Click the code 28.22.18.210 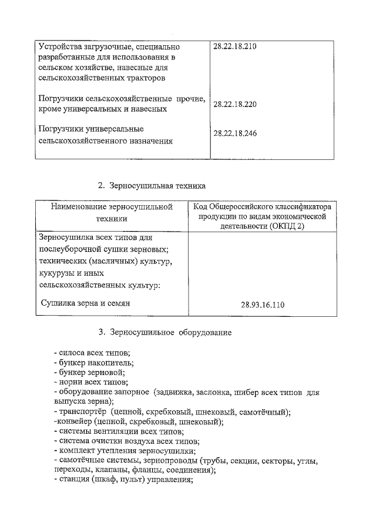(235, 46)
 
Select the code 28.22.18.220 (235, 104)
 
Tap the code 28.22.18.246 (235, 133)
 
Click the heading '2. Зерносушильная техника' (151, 186)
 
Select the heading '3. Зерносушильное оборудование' (165, 333)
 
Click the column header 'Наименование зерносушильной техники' (111, 212)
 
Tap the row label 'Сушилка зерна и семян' (85, 303)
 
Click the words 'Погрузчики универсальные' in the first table (91, 128)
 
